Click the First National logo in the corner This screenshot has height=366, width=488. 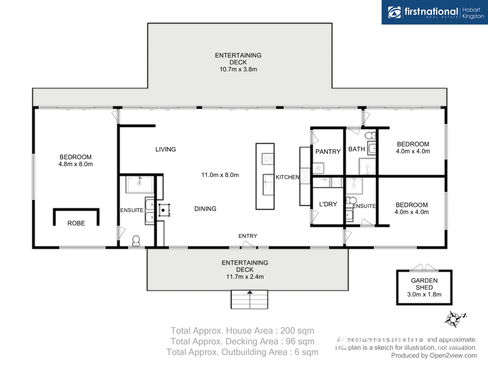[435, 12]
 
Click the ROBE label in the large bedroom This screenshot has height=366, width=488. [76, 223]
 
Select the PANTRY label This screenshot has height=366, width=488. [328, 151]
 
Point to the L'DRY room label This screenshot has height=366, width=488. [328, 204]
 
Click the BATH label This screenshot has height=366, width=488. [357, 149]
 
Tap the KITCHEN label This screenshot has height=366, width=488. [287, 177]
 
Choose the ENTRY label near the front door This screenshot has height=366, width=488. [248, 236]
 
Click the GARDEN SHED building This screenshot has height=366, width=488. [424, 287]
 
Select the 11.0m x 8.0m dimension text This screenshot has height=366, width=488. [220, 175]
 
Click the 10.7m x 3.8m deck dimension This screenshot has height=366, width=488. [238, 69]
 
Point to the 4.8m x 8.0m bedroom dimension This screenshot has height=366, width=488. [76, 164]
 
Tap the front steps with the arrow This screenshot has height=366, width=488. [249, 300]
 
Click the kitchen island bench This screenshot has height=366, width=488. [265, 177]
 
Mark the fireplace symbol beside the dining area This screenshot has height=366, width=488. [164, 210]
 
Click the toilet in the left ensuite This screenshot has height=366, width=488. [136, 241]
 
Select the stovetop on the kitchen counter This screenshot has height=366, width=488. [305, 176]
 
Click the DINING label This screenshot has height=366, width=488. [205, 209]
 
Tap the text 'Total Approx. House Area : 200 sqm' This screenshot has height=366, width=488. [242, 331]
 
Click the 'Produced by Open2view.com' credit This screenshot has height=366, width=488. [434, 355]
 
